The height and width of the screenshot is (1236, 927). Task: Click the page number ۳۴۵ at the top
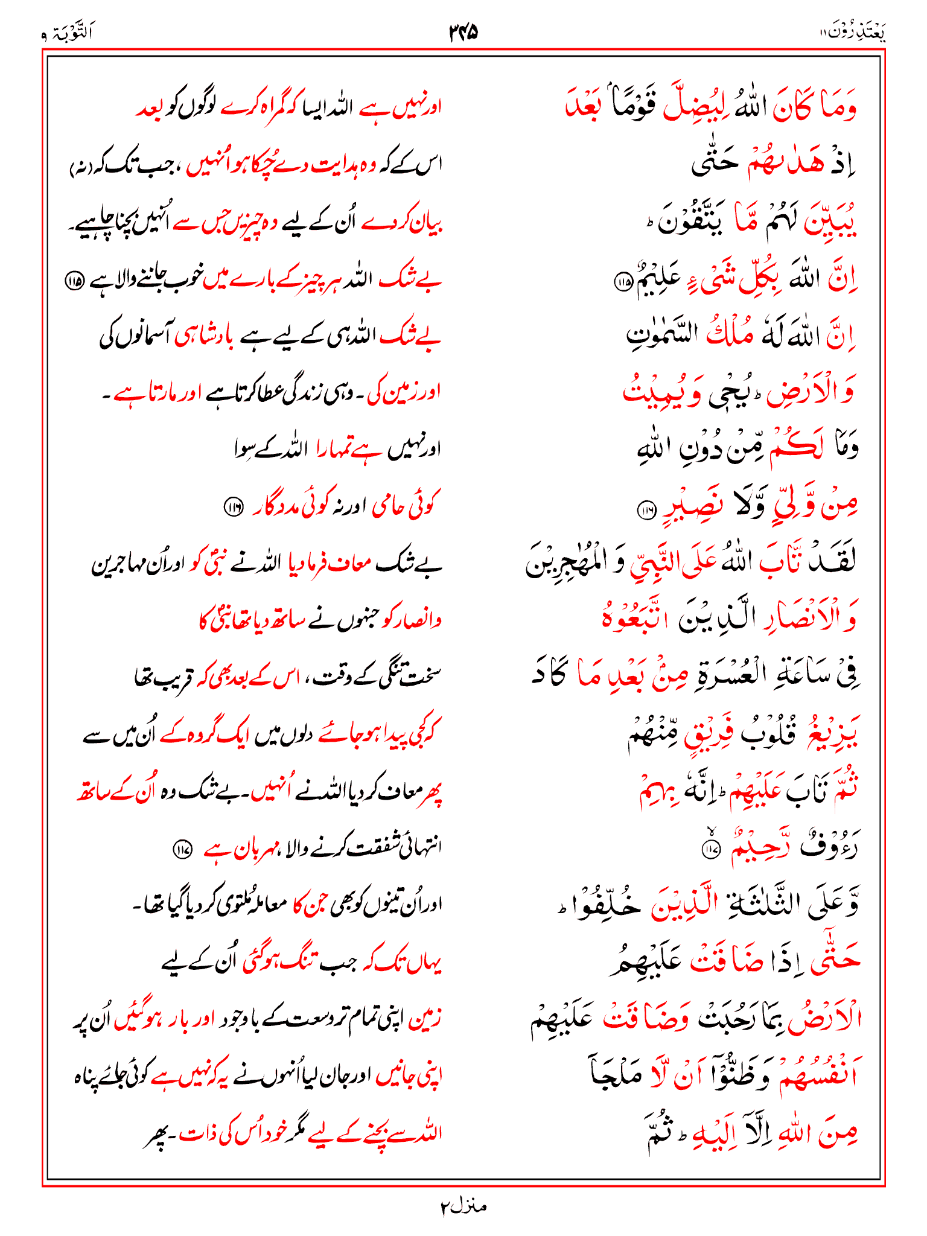(x=463, y=31)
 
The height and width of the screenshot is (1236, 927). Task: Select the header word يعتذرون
(x=856, y=31)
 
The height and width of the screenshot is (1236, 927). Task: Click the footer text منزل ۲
(x=463, y=1206)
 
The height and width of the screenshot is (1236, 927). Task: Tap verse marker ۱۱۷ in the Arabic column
(x=710, y=849)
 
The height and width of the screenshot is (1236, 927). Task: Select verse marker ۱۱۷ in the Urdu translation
(x=182, y=850)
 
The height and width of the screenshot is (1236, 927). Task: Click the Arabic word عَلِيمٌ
(x=657, y=278)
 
